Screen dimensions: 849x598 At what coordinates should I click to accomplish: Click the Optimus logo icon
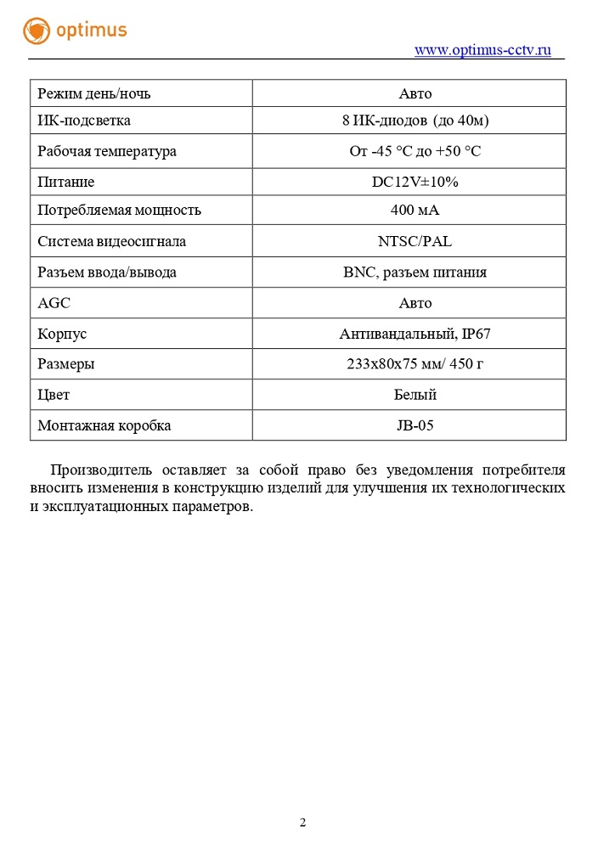tap(37, 31)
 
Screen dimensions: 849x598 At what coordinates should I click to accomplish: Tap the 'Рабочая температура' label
tap(107, 151)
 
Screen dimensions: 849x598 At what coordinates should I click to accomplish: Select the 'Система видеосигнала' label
tap(111, 241)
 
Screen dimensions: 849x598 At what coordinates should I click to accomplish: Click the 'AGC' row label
tap(54, 303)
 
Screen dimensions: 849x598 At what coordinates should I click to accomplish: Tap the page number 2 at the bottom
tap(302, 822)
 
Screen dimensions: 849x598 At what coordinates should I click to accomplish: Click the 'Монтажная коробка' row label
tap(104, 425)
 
